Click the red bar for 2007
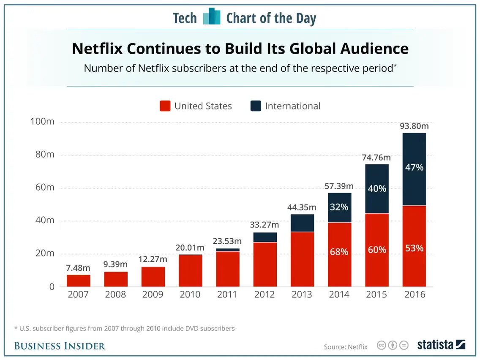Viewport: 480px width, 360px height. click(x=79, y=281)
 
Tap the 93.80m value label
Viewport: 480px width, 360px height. click(x=414, y=126)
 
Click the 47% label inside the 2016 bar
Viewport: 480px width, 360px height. click(x=414, y=167)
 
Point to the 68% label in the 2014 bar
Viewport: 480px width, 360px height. click(x=339, y=252)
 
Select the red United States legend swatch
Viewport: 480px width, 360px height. click(x=165, y=106)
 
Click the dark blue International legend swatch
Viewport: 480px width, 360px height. click(x=256, y=106)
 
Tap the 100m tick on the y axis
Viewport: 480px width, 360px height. click(x=42, y=122)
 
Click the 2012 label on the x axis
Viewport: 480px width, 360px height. click(x=265, y=295)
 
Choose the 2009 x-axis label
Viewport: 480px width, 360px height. click(x=153, y=295)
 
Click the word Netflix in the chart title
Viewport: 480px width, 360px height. click(x=97, y=49)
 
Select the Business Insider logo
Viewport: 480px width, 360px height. click(x=60, y=346)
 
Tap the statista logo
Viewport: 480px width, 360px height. click(x=441, y=345)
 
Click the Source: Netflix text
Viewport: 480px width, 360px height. click(x=346, y=347)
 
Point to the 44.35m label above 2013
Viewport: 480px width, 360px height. click(x=302, y=207)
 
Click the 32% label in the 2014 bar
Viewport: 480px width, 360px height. click(x=339, y=207)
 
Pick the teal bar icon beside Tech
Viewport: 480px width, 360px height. click(x=212, y=17)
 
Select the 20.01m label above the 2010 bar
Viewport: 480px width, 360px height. click(x=190, y=248)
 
